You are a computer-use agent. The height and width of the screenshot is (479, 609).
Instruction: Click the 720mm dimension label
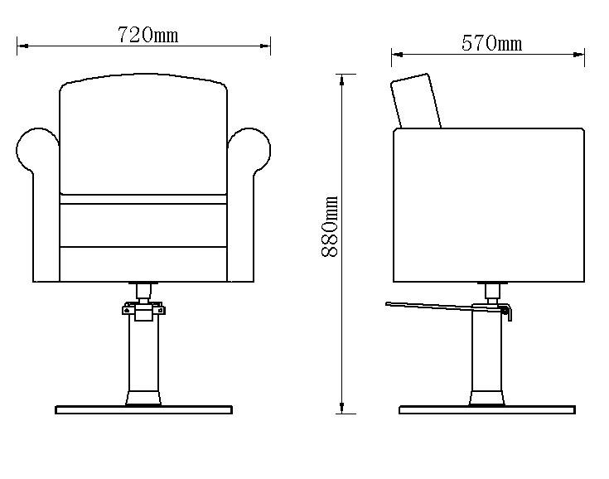(x=148, y=35)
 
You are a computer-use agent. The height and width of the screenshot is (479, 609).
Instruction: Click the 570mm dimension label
(x=491, y=43)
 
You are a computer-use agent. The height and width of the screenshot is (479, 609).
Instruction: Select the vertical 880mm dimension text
(x=330, y=226)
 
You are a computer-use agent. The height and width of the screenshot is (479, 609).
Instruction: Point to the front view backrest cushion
(x=143, y=134)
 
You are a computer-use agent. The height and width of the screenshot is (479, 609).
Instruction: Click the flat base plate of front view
(x=143, y=410)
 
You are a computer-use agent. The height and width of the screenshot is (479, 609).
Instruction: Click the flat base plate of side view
(x=487, y=410)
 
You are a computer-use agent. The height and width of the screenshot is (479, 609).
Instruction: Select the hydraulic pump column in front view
(x=143, y=357)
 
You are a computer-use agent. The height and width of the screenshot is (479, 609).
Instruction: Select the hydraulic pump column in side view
(x=487, y=357)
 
